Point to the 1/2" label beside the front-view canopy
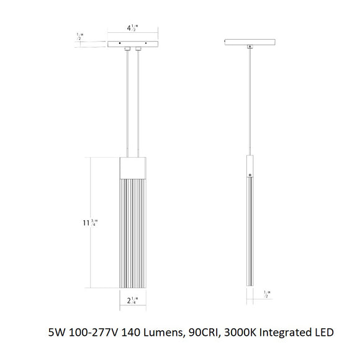[78, 37]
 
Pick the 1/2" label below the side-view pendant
[266, 294]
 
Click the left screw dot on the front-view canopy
[117, 43]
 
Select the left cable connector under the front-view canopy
[127, 49]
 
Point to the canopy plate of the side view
[249, 42]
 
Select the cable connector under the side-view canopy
[249, 47]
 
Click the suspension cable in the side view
[249, 99]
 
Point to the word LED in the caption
[323, 332]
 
